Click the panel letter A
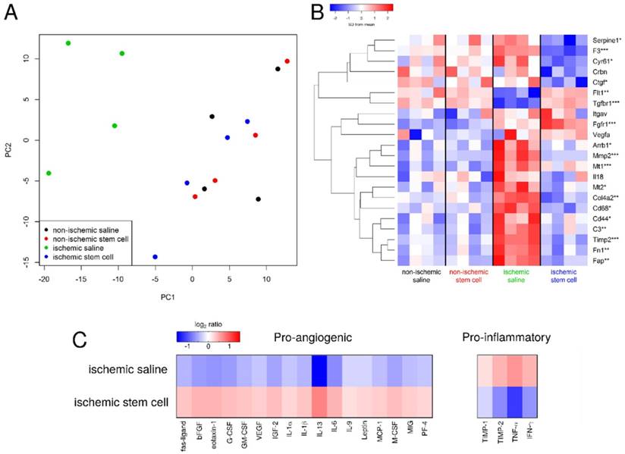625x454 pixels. (11, 13)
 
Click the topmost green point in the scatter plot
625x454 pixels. (68, 43)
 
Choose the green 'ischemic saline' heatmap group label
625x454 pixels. (516, 274)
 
